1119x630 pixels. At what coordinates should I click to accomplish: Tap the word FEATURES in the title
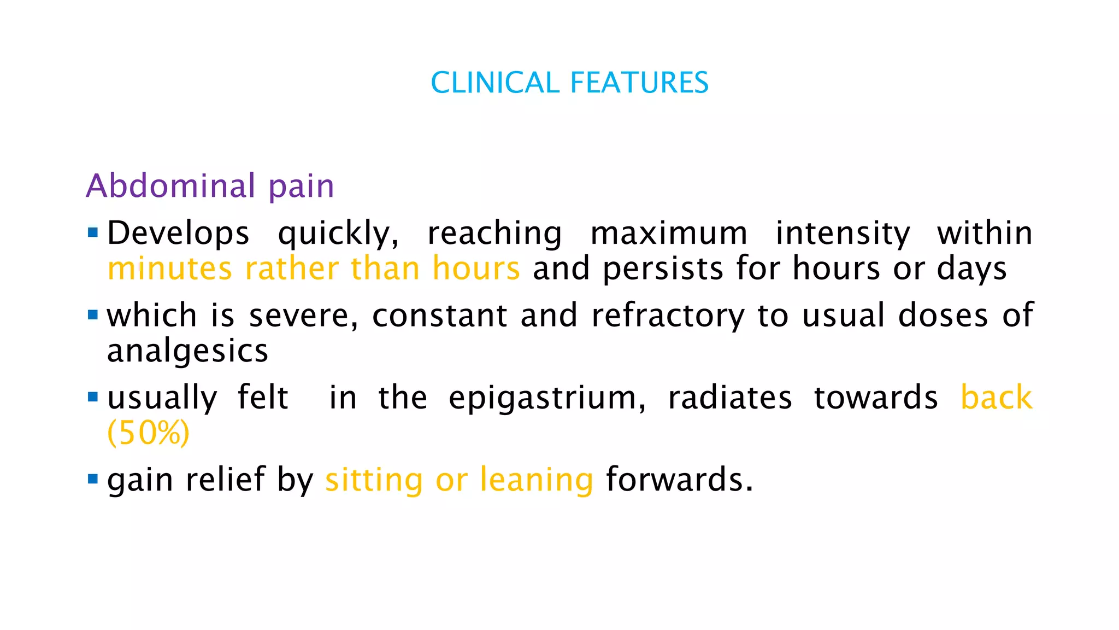tap(639, 83)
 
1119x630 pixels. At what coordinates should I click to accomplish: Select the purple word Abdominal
tap(171, 186)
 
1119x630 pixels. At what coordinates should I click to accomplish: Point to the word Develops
tap(178, 234)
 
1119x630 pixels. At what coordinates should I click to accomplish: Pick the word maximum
tap(669, 234)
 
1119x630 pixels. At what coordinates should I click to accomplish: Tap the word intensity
tap(843, 234)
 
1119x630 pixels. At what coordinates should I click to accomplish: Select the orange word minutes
tap(170, 269)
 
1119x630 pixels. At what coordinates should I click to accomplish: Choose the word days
tap(971, 269)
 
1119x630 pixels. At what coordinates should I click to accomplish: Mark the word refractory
tap(668, 316)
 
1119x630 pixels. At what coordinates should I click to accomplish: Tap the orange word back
tap(997, 398)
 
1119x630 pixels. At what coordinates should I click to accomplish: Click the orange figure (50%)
tap(149, 433)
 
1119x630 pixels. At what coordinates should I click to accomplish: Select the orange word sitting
tap(374, 480)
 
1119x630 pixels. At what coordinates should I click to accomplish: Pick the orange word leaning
tap(536, 480)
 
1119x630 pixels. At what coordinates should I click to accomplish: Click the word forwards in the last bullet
tap(679, 480)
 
